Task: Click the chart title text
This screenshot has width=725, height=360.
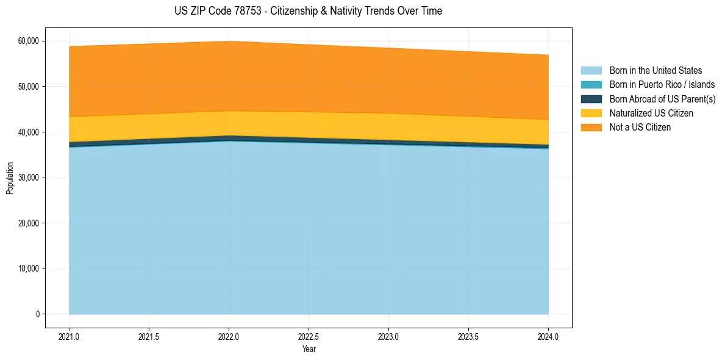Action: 308,11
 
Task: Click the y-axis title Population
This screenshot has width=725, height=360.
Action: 10,178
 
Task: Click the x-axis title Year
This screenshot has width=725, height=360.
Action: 309,349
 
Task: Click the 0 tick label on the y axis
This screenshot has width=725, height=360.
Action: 37,314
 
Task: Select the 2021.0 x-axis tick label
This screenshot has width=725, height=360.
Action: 70,336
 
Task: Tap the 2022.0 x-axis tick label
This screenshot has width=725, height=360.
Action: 229,336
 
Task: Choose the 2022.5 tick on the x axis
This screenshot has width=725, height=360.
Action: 309,336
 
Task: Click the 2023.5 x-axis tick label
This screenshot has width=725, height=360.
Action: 468,336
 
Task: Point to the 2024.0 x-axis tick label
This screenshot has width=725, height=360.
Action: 548,336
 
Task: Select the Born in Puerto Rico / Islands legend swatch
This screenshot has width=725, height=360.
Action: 591,85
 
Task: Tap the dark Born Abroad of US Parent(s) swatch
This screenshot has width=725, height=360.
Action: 591,99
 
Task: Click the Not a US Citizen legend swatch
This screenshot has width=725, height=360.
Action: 591,128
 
